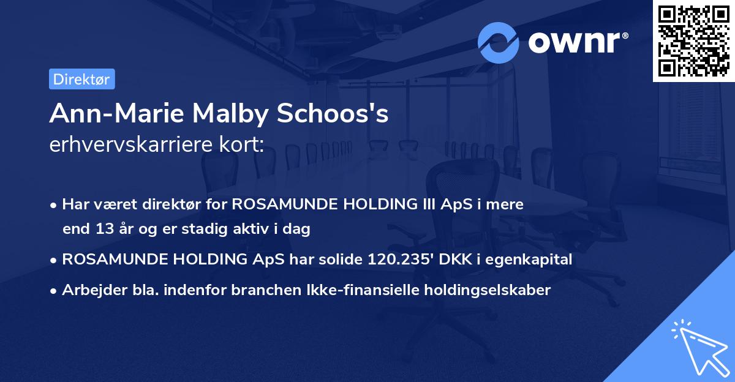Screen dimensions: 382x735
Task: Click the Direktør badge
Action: click(x=81, y=79)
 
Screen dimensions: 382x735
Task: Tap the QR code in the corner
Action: click(x=693, y=40)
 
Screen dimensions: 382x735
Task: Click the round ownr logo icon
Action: click(x=499, y=42)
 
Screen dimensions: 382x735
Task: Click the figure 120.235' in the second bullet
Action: click(x=400, y=260)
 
